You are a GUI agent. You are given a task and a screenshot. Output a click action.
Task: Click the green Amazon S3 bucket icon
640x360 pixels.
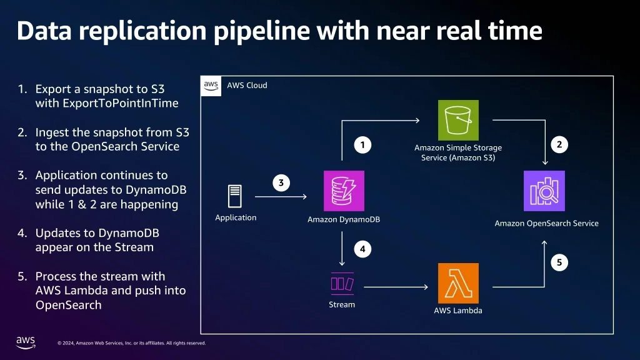(x=458, y=120)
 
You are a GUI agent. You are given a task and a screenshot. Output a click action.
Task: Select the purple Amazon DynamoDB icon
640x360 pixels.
(x=344, y=191)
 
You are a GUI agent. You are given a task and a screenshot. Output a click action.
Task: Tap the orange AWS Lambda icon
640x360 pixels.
(x=458, y=283)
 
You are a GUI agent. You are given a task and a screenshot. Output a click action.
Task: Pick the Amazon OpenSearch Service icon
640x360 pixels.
(x=544, y=191)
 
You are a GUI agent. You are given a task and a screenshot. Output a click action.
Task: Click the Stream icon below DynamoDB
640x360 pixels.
(x=342, y=284)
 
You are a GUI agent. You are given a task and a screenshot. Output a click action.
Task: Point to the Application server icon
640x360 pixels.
(x=235, y=197)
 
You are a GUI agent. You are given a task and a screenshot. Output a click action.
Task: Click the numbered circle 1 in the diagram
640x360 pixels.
(x=362, y=146)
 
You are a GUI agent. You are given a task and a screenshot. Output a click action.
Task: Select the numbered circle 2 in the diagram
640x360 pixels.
(x=559, y=144)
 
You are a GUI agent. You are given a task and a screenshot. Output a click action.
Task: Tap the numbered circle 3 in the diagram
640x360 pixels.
(x=281, y=183)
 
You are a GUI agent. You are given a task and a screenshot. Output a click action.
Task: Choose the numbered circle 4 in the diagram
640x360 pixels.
(x=362, y=249)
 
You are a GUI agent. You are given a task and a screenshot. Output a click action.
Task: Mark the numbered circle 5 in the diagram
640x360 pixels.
(x=559, y=262)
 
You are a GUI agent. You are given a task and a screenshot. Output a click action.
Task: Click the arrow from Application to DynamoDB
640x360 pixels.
(x=281, y=197)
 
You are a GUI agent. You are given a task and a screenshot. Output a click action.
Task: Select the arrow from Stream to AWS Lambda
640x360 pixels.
(x=396, y=287)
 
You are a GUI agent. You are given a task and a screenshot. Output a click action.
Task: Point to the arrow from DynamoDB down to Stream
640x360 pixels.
(x=342, y=249)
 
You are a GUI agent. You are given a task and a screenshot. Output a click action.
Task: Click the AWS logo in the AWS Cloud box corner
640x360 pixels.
(x=211, y=86)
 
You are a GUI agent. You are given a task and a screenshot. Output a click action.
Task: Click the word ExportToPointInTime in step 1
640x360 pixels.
(x=106, y=103)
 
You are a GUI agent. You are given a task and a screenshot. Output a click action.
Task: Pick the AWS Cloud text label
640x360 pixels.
(x=247, y=85)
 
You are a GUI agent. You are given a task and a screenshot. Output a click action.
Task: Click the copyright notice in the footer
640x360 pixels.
(x=131, y=343)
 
